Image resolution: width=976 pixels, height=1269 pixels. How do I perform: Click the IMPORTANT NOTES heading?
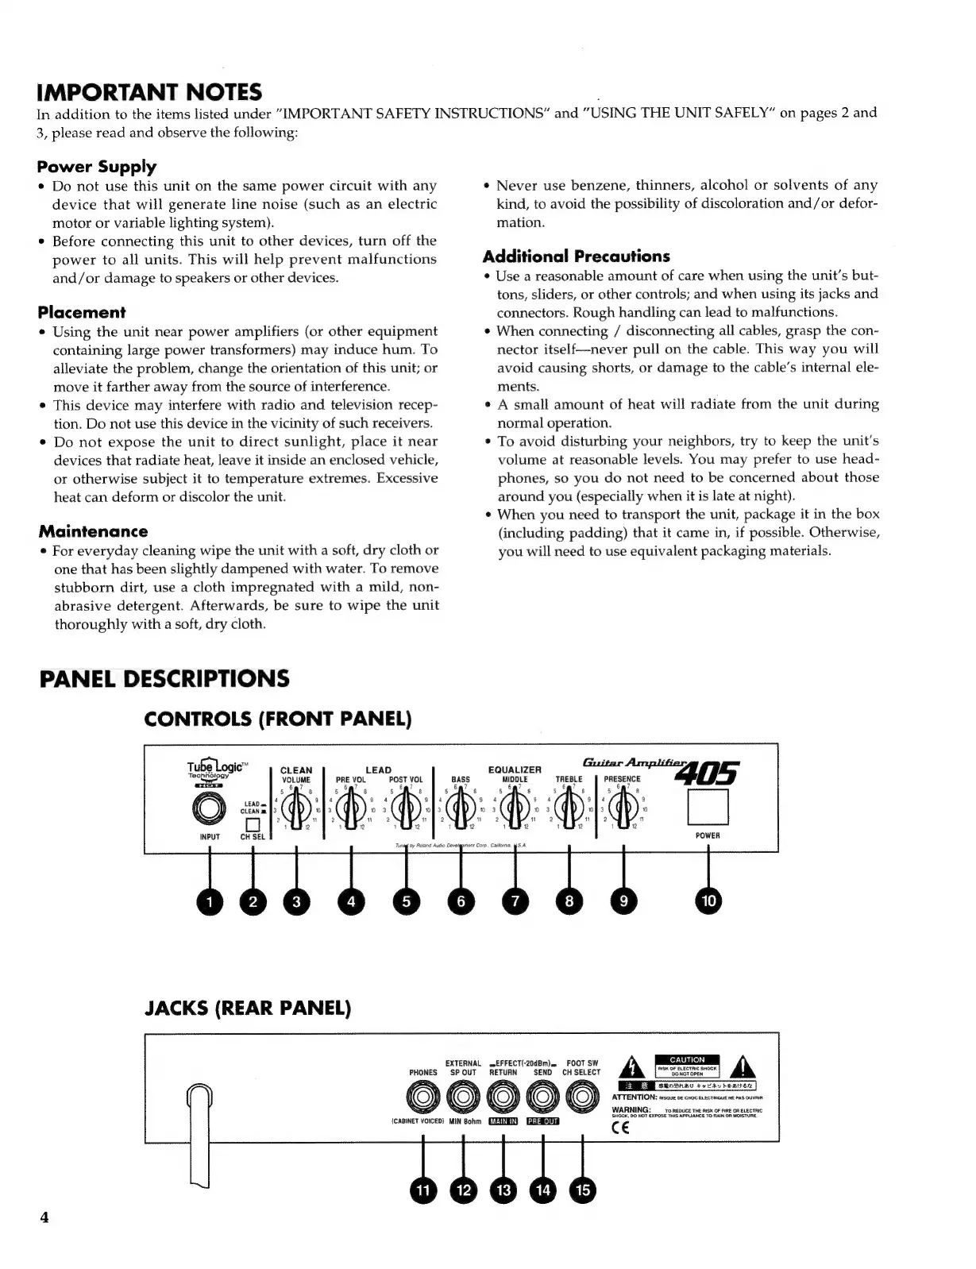point(149,92)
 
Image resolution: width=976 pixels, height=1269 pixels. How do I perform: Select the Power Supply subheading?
point(97,167)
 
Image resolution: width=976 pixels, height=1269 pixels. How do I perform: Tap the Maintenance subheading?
point(93,531)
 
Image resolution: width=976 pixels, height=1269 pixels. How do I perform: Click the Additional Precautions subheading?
point(576,256)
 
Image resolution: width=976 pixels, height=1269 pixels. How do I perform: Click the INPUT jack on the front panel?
point(209,809)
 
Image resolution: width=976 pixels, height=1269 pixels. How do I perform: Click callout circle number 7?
point(515,901)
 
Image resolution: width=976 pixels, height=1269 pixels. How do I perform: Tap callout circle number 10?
point(708,901)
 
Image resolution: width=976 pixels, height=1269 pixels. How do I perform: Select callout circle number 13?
point(503,1190)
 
